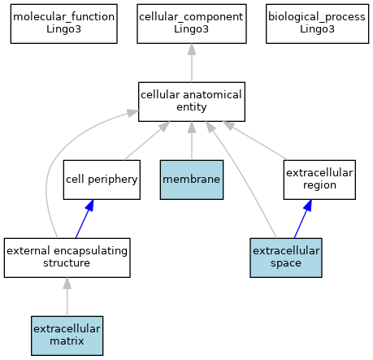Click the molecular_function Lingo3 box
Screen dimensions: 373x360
click(64, 24)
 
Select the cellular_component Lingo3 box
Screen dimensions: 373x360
click(192, 24)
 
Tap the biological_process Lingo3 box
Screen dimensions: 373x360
click(317, 24)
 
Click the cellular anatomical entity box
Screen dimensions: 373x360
click(192, 102)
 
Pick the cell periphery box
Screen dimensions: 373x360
click(102, 180)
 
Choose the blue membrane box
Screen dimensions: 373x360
click(192, 180)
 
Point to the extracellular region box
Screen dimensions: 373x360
click(319, 180)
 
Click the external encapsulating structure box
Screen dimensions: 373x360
click(67, 258)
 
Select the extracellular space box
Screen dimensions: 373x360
click(286, 258)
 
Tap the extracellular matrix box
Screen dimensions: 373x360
click(67, 336)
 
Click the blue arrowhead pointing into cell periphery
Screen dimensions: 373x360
click(89, 206)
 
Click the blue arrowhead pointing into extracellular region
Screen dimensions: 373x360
click(308, 206)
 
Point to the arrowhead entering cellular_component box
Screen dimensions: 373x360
click(192, 50)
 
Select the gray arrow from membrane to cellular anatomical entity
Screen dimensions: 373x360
click(192, 141)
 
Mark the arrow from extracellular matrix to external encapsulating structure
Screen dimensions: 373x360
click(67, 297)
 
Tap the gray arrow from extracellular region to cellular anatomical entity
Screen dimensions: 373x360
click(255, 141)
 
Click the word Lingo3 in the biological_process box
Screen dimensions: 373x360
click(317, 29)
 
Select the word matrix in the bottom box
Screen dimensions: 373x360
click(67, 340)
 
